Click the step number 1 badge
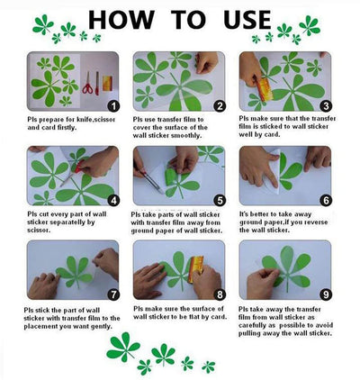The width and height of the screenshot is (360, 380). pyautogui.click(x=113, y=106)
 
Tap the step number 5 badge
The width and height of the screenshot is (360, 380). pyautogui.click(x=220, y=201)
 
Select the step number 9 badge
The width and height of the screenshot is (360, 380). pyautogui.click(x=326, y=294)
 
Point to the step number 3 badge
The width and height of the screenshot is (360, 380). pyautogui.click(x=326, y=105)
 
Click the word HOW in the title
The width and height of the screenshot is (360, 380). pyautogui.click(x=121, y=20)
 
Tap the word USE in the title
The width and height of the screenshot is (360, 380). pyautogui.click(x=247, y=20)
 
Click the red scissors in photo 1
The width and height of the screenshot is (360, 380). pyautogui.click(x=87, y=83)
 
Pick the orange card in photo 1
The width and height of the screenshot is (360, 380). pyautogui.click(x=107, y=83)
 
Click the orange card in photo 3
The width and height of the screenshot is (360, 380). pyautogui.click(x=264, y=89)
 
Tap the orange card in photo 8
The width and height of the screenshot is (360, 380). pyautogui.click(x=195, y=269)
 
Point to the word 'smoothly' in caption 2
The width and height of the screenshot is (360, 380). pyautogui.click(x=186, y=136)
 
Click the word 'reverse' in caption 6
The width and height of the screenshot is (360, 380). pyautogui.click(x=316, y=222)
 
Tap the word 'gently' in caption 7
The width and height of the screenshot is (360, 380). pyautogui.click(x=101, y=327)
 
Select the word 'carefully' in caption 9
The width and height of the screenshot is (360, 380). pyautogui.click(x=251, y=325)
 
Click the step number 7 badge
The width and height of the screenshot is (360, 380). pyautogui.click(x=113, y=294)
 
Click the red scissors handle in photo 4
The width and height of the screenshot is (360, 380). pyautogui.click(x=79, y=166)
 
